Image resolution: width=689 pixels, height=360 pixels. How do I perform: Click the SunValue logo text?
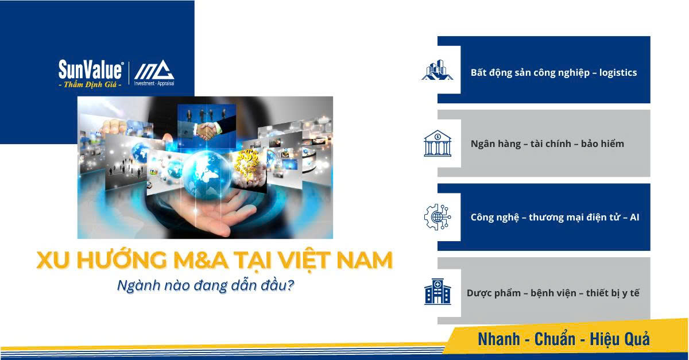pos(90,70)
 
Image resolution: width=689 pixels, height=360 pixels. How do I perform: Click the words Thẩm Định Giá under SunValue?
pos(90,84)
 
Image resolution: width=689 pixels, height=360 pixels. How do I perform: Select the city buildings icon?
pos(438,70)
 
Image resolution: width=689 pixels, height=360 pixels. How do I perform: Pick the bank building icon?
pos(438,144)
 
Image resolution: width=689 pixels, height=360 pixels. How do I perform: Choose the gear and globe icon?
pos(438,217)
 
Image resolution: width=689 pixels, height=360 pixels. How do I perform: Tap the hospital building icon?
pos(438,291)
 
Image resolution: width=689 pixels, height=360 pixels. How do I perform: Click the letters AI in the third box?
pos(634,217)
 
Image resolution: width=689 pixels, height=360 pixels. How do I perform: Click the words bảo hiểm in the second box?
pos(602,144)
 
